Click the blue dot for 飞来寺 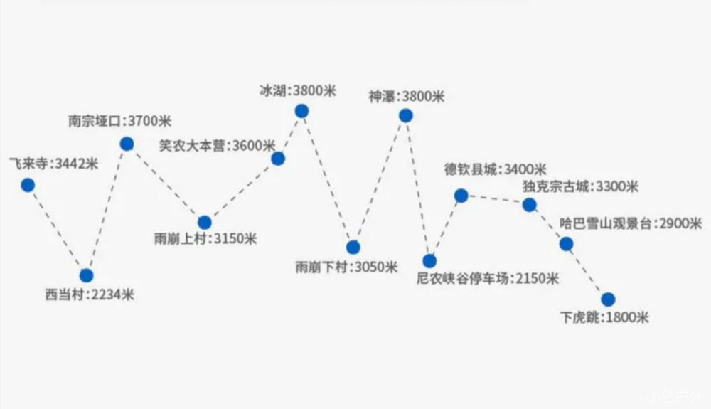[28, 185]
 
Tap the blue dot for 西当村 [86, 275]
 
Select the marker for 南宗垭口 [127, 144]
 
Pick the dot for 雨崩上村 [204, 223]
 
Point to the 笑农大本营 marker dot [278, 159]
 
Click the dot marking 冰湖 [301, 111]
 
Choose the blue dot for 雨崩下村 [353, 248]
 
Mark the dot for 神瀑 [405, 115]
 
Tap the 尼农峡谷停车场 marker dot [429, 261]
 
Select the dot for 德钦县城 [461, 196]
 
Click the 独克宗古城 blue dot [529, 205]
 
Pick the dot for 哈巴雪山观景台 [566, 244]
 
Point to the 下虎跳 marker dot [607, 299]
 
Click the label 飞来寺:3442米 [53, 164]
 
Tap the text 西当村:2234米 [90, 294]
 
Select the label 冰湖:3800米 [298, 91]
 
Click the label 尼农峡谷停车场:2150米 [488, 278]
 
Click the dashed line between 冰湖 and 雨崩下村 [328, 180]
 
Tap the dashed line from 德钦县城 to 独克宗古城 [495, 200]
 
